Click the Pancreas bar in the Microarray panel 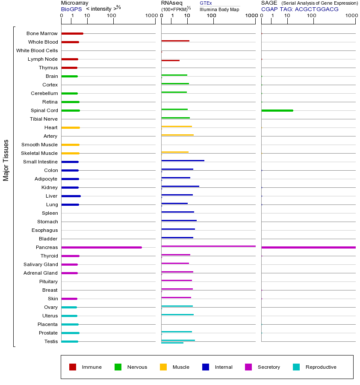101,247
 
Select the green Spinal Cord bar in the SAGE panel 277,110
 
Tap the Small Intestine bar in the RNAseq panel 183,160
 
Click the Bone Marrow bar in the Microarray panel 72,33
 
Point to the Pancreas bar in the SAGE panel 308,247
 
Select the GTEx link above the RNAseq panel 206,3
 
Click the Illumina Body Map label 219,9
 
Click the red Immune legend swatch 73,367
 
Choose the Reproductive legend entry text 321,367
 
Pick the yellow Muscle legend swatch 163,367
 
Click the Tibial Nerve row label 44,119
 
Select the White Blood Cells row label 37,50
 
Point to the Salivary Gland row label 41,264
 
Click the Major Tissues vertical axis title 6,160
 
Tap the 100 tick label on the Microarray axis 112,16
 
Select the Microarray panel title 74,3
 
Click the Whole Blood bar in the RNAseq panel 175,41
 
